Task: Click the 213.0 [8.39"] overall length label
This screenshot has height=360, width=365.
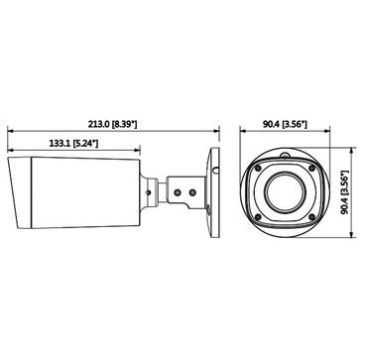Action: click(x=112, y=124)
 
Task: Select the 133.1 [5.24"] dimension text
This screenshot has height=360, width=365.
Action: click(x=74, y=144)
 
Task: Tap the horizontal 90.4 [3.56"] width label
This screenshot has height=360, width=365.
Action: click(x=285, y=124)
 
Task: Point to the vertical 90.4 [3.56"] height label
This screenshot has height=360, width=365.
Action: click(x=345, y=192)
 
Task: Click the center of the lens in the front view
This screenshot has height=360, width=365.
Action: click(x=285, y=192)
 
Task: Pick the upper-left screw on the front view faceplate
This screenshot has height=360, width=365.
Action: click(x=258, y=169)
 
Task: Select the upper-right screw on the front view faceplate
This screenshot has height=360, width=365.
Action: click(x=311, y=169)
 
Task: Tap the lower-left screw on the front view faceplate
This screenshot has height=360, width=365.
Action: click(x=258, y=217)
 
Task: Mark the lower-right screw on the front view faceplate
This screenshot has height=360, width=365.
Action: click(x=311, y=217)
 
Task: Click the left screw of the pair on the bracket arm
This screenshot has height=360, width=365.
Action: click(x=179, y=191)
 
